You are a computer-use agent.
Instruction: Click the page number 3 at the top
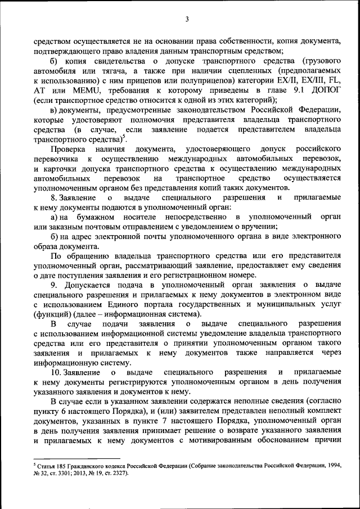[x=187, y=20]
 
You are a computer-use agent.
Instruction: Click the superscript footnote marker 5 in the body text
[x=124, y=137]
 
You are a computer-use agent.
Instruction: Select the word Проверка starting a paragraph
[x=67, y=148]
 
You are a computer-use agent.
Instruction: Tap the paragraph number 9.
[x=53, y=285]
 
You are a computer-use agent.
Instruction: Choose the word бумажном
[x=93, y=217]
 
